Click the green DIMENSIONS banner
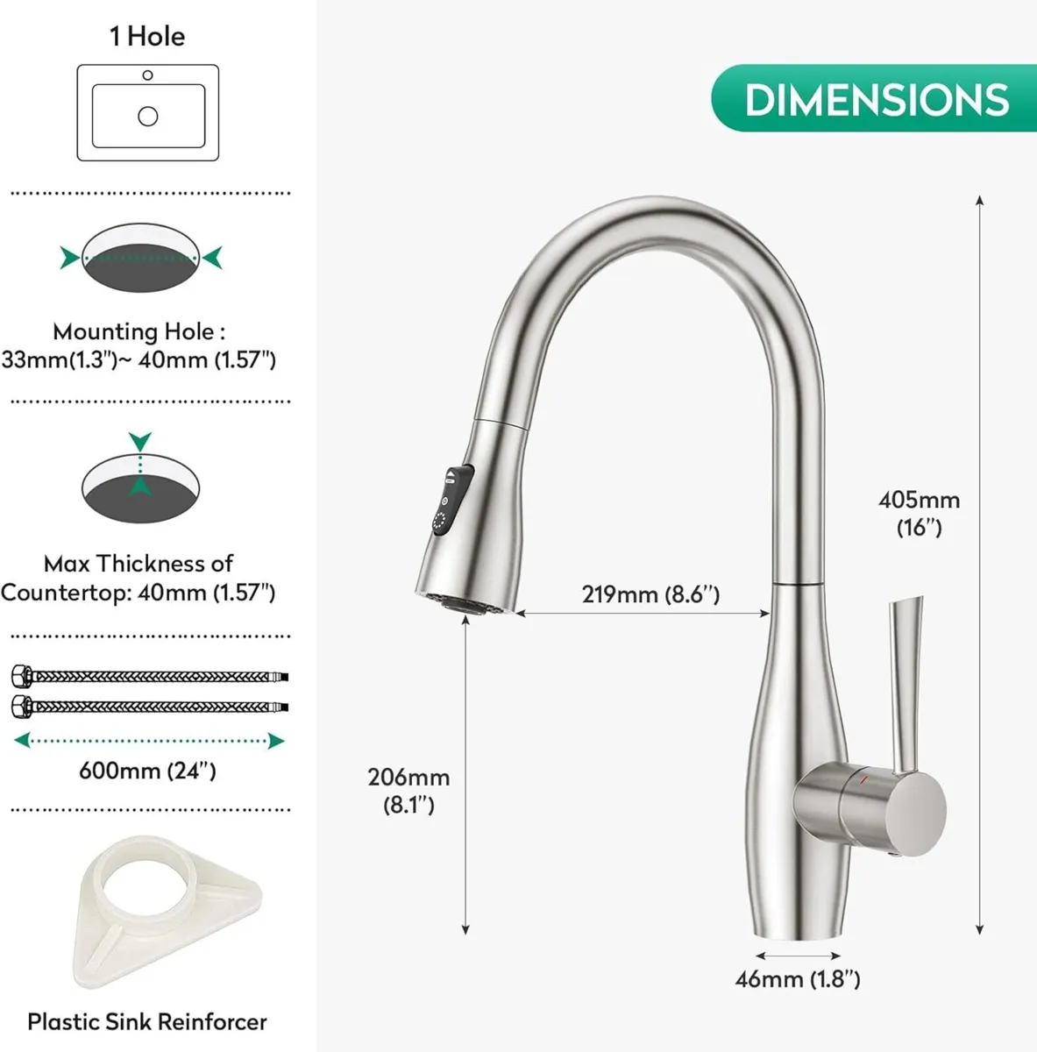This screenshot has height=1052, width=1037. tap(875, 99)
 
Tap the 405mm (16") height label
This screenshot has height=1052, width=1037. tap(919, 513)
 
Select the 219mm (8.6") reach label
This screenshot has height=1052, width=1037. tap(650, 594)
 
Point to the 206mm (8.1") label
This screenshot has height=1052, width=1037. tap(408, 790)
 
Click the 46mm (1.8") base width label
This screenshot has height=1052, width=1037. tap(797, 979)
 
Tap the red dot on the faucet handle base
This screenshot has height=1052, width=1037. tap(864, 778)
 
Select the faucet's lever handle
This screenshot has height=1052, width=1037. tap(903, 684)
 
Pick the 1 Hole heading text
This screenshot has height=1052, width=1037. tap(147, 37)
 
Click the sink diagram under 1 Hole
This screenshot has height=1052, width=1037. tap(147, 112)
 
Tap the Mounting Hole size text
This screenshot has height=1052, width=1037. tap(139, 345)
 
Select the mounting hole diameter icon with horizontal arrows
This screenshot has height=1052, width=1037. tap(141, 258)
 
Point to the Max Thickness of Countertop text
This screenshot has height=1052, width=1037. tap(139, 578)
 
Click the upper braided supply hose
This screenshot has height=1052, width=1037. tap(149, 676)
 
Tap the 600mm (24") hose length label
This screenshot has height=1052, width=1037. tap(147, 771)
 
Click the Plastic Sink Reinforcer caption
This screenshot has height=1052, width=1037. tap(147, 1021)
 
